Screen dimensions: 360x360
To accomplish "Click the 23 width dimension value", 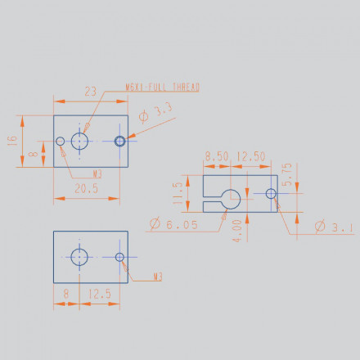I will pos(91,92).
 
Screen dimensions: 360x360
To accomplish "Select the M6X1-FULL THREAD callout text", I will pos(163,86).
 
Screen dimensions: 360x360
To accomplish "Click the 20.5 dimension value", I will pos(85,188).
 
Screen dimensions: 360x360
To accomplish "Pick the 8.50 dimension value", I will pos(216,156).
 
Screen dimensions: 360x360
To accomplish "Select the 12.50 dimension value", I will pos(250,156).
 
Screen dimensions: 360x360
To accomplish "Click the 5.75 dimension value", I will pos(286,175).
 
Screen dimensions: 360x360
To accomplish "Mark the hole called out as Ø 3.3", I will pos(120,142).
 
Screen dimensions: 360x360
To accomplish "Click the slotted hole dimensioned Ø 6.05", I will pos(232,196).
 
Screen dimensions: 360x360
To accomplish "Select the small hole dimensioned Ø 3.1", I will pos(271,194).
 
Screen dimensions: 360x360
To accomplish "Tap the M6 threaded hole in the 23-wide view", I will pos(79,141).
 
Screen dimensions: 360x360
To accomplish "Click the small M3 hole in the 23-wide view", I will pos(61,142).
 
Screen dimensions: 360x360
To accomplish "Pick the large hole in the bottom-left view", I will pos(79,257).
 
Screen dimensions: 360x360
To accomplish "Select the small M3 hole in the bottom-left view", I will pos(120,257).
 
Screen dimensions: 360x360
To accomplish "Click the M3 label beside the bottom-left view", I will pos(158,277).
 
